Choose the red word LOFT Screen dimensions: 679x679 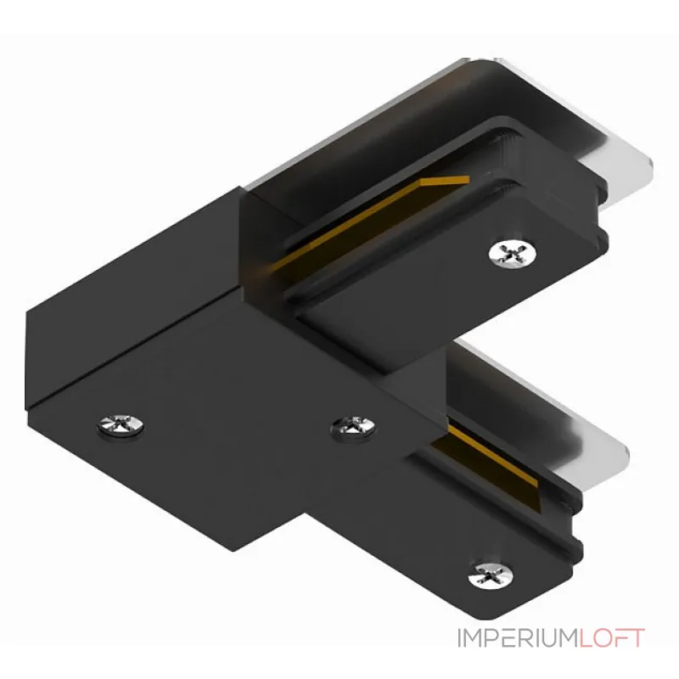click(613, 638)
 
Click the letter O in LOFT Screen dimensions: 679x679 click(606, 638)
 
